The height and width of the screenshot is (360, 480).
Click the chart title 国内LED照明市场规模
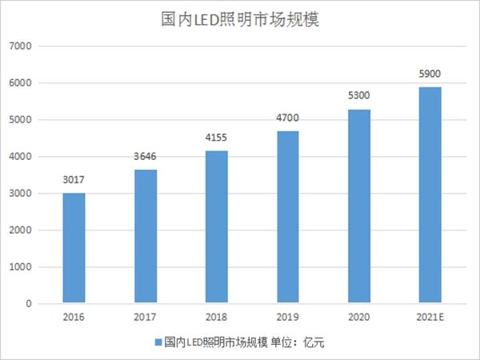[x=240, y=19]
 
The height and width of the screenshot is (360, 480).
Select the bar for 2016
[x=74, y=248]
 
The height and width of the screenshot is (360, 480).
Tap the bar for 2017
[x=146, y=236]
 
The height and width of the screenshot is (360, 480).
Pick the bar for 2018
[x=217, y=227]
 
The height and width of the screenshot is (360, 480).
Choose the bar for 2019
[x=288, y=217]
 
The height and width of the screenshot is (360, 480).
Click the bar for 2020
[x=359, y=206]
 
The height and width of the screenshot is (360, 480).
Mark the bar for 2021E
[x=430, y=195]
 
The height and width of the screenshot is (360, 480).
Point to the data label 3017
[x=74, y=180]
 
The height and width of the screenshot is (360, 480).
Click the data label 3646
[x=145, y=157]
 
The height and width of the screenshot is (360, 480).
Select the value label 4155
[x=216, y=138]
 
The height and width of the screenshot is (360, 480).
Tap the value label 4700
[x=287, y=118]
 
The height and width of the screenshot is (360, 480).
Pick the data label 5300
[x=358, y=95]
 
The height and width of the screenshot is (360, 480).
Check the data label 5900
[x=430, y=74]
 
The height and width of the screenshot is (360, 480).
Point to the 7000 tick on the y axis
[x=21, y=46]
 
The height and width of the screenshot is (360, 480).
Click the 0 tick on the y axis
[x=29, y=304]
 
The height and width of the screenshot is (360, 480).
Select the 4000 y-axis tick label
[x=21, y=157]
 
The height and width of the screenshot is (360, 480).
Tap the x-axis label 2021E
[x=430, y=317]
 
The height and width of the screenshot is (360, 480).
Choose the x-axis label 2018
[x=217, y=317]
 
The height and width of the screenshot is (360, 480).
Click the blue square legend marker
[x=158, y=342]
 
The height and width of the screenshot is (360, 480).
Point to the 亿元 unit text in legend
[x=314, y=342]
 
